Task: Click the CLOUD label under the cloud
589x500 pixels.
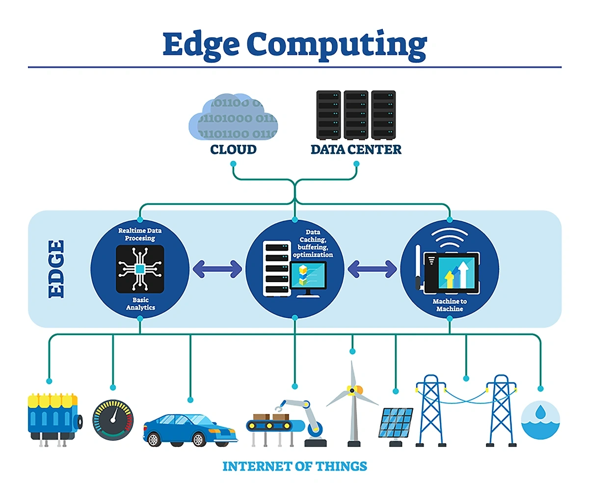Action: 233,150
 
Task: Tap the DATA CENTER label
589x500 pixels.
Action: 356,150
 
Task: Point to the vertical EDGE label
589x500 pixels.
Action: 56,268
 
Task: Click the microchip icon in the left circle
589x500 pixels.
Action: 140,269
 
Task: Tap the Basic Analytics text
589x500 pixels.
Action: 140,304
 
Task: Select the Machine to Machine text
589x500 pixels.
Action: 450,305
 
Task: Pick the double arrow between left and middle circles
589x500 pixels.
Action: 217,269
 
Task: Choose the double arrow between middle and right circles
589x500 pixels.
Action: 372,269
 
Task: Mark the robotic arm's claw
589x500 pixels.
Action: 281,407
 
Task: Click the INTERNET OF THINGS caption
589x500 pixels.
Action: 294,466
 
